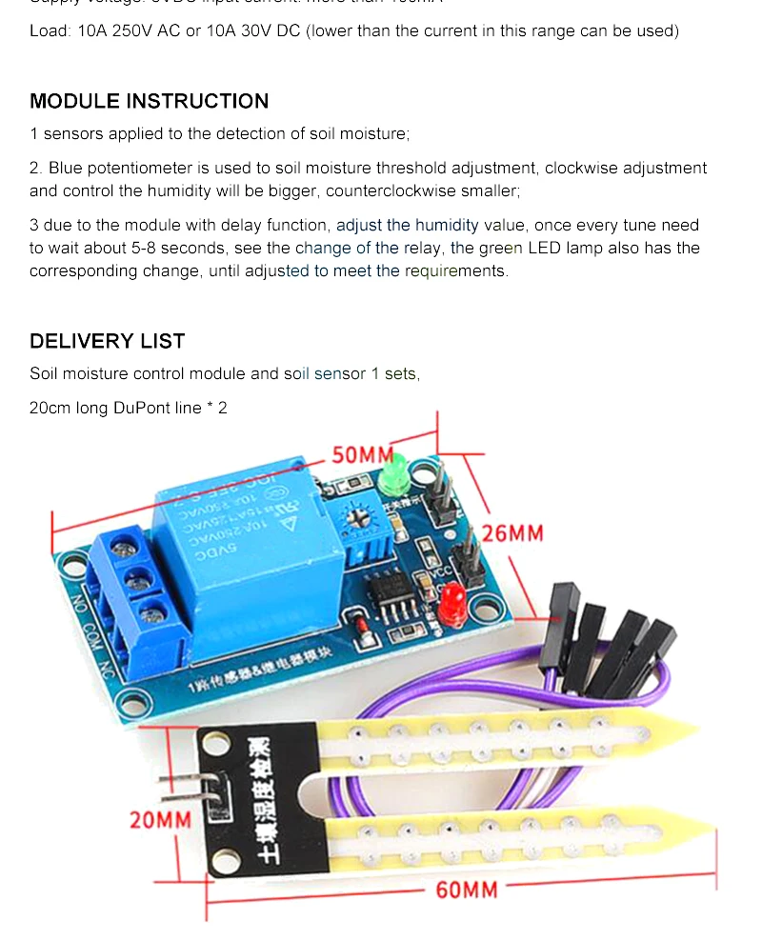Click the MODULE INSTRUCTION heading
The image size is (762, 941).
coord(149,101)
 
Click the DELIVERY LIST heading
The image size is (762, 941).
coord(107,341)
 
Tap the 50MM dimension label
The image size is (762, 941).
coord(362,455)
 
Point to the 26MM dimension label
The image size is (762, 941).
coord(512,532)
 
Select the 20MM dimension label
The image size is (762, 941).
coord(160,819)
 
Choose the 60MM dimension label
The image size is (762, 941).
coord(467,890)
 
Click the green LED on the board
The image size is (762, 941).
coord(391,474)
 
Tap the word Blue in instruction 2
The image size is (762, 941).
coord(66,168)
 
